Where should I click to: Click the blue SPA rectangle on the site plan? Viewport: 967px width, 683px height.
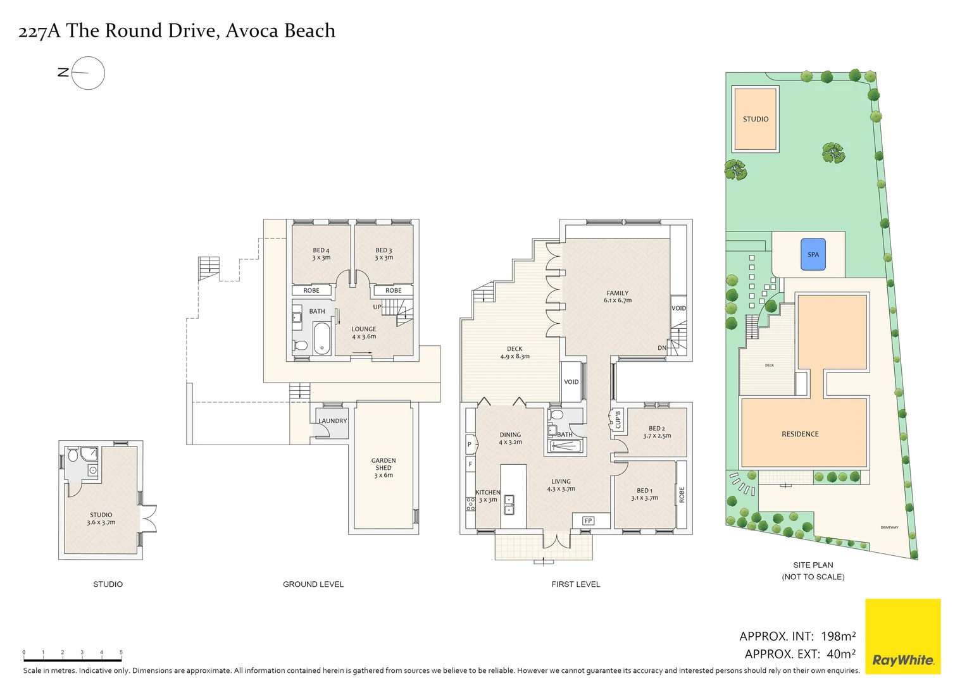coord(813,254)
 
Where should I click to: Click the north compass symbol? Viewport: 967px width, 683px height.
coord(87,73)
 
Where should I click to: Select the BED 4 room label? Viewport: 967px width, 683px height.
coord(321,254)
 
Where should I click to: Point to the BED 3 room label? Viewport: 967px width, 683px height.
coord(384,254)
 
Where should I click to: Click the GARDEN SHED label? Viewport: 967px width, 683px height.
coord(384,468)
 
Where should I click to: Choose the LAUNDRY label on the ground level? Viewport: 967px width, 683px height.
coord(332,421)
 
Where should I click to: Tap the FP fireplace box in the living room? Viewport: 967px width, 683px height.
coord(588,520)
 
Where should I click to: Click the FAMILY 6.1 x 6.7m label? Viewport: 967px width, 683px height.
coord(617,297)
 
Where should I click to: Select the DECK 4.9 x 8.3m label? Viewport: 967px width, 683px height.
coord(515,352)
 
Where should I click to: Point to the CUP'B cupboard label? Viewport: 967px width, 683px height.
coord(618,419)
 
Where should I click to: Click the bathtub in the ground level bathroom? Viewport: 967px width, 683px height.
coord(321,338)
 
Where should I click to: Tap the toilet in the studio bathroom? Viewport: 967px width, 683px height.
coord(73,455)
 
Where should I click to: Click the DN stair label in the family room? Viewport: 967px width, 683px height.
coord(661,348)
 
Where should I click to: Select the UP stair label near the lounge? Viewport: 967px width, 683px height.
coord(377,307)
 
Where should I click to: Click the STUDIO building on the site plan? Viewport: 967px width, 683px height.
coord(755,119)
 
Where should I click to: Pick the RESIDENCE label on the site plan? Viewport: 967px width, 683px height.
coord(800,434)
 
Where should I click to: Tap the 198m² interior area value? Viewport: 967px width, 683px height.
coord(838,636)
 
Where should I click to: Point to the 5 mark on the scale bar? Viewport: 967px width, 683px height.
coord(121,652)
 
